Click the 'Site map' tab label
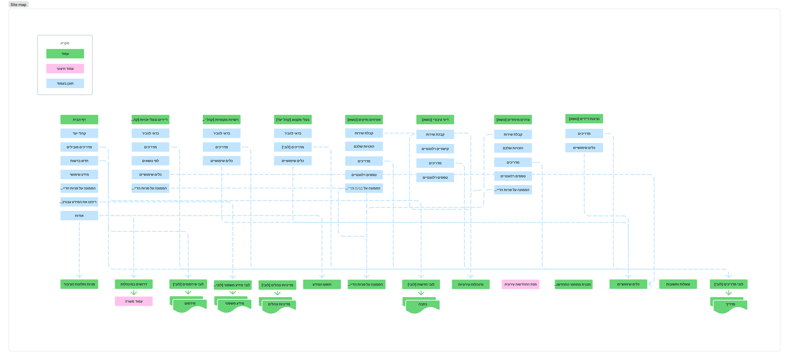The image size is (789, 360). (18, 5)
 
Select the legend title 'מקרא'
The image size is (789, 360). (65, 43)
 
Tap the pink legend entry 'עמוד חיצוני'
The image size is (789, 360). (65, 69)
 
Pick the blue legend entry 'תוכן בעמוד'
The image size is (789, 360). (65, 83)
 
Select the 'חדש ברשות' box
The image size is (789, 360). (79, 161)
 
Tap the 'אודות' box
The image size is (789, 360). (79, 215)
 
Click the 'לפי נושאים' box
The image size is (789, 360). (150, 161)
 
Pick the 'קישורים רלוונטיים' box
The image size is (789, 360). (435, 149)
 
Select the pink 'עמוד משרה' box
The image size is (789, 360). (134, 301)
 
